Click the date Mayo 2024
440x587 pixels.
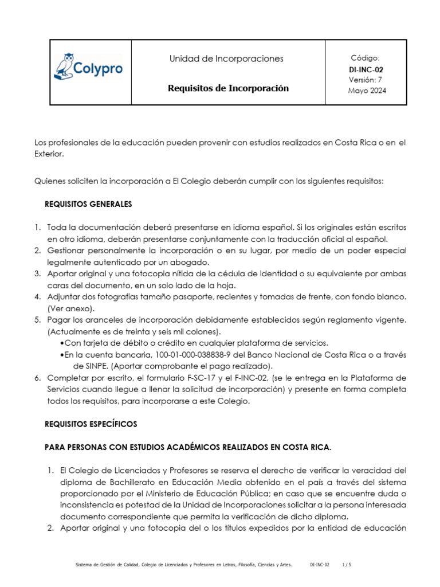point(366,91)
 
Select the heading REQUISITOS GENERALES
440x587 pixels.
point(88,204)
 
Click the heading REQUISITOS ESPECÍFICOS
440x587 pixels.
point(91,424)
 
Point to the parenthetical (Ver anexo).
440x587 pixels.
point(71,308)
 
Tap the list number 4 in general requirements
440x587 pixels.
point(37,296)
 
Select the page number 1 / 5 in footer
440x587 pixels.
point(346,565)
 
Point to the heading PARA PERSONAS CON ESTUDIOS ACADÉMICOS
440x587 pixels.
point(188,447)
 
